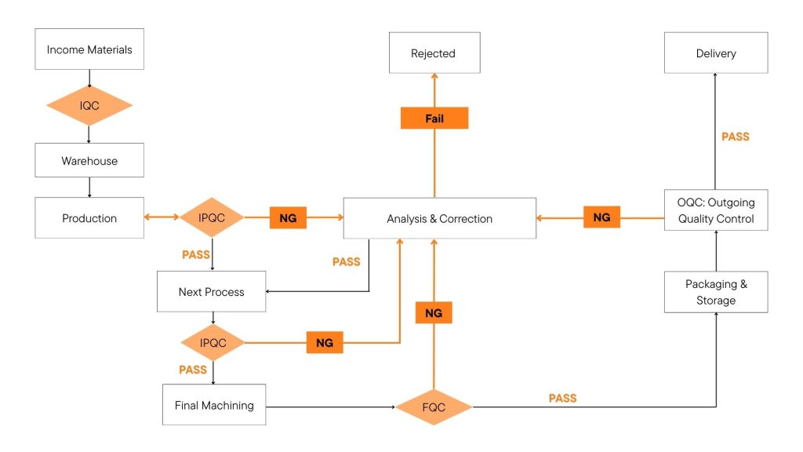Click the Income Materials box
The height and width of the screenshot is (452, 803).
[x=89, y=49]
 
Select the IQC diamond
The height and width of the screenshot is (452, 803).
[x=89, y=105]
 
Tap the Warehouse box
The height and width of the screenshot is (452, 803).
[x=89, y=161]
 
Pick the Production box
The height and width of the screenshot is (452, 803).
[x=89, y=218]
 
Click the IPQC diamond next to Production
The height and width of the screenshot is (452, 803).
[x=213, y=218]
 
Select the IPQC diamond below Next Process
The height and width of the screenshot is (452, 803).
[x=213, y=342]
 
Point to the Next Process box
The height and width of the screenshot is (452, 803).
[x=212, y=292]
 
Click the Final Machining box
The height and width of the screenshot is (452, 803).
[x=214, y=405]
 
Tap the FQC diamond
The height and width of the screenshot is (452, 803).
[x=434, y=407]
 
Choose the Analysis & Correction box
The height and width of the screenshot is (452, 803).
[x=440, y=218]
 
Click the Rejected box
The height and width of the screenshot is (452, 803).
[x=434, y=53]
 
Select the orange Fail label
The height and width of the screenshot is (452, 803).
[x=434, y=118]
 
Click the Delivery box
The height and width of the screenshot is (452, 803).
[x=716, y=53]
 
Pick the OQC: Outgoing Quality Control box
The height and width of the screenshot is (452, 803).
[x=716, y=210]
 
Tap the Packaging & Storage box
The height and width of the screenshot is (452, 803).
[x=716, y=292]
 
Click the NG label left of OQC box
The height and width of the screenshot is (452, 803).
[x=601, y=217]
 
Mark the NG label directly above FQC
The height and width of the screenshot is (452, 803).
[x=434, y=313]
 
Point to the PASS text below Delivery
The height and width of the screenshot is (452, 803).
[x=735, y=137]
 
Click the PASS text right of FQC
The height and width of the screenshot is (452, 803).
[x=562, y=399]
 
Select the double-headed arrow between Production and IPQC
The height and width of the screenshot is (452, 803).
[x=162, y=218]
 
